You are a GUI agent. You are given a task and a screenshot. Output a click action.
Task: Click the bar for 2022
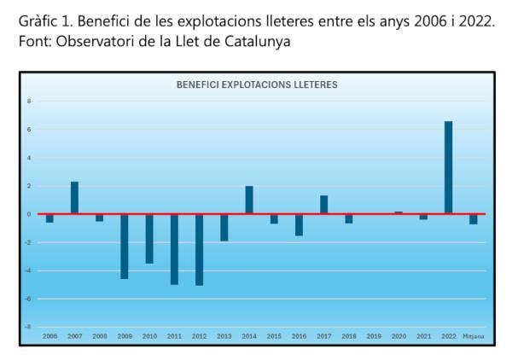[x=448, y=168]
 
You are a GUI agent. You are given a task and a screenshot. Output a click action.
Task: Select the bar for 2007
[x=74, y=198]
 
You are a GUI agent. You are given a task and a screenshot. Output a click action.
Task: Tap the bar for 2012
[x=199, y=249]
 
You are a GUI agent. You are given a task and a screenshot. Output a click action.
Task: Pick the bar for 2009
[x=125, y=246]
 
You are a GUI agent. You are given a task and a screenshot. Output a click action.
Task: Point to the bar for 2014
[x=249, y=200]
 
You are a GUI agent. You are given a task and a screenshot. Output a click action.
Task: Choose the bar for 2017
[x=323, y=205]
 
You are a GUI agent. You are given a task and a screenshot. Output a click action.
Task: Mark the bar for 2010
[x=149, y=238]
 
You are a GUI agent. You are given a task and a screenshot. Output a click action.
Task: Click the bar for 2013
[x=224, y=227]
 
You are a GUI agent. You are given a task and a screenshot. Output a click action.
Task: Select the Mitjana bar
[x=473, y=219]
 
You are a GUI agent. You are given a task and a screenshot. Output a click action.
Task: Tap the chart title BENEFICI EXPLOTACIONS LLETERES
[x=257, y=85]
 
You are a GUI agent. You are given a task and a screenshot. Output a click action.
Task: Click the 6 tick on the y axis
[x=29, y=130]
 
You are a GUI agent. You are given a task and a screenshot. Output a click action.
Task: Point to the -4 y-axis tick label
[x=28, y=270]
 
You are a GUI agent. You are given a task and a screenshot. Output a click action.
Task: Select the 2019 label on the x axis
[x=374, y=336]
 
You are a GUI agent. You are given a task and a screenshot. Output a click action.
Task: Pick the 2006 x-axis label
[x=49, y=336]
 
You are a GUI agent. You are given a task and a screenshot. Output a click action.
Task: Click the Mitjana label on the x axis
[x=474, y=336]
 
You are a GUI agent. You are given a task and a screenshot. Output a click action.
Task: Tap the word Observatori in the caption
[x=93, y=41]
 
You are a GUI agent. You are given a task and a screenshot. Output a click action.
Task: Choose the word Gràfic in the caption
[x=38, y=20]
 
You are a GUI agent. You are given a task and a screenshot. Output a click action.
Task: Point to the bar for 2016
[x=299, y=224]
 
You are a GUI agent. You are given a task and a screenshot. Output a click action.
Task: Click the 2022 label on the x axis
[x=448, y=336]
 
